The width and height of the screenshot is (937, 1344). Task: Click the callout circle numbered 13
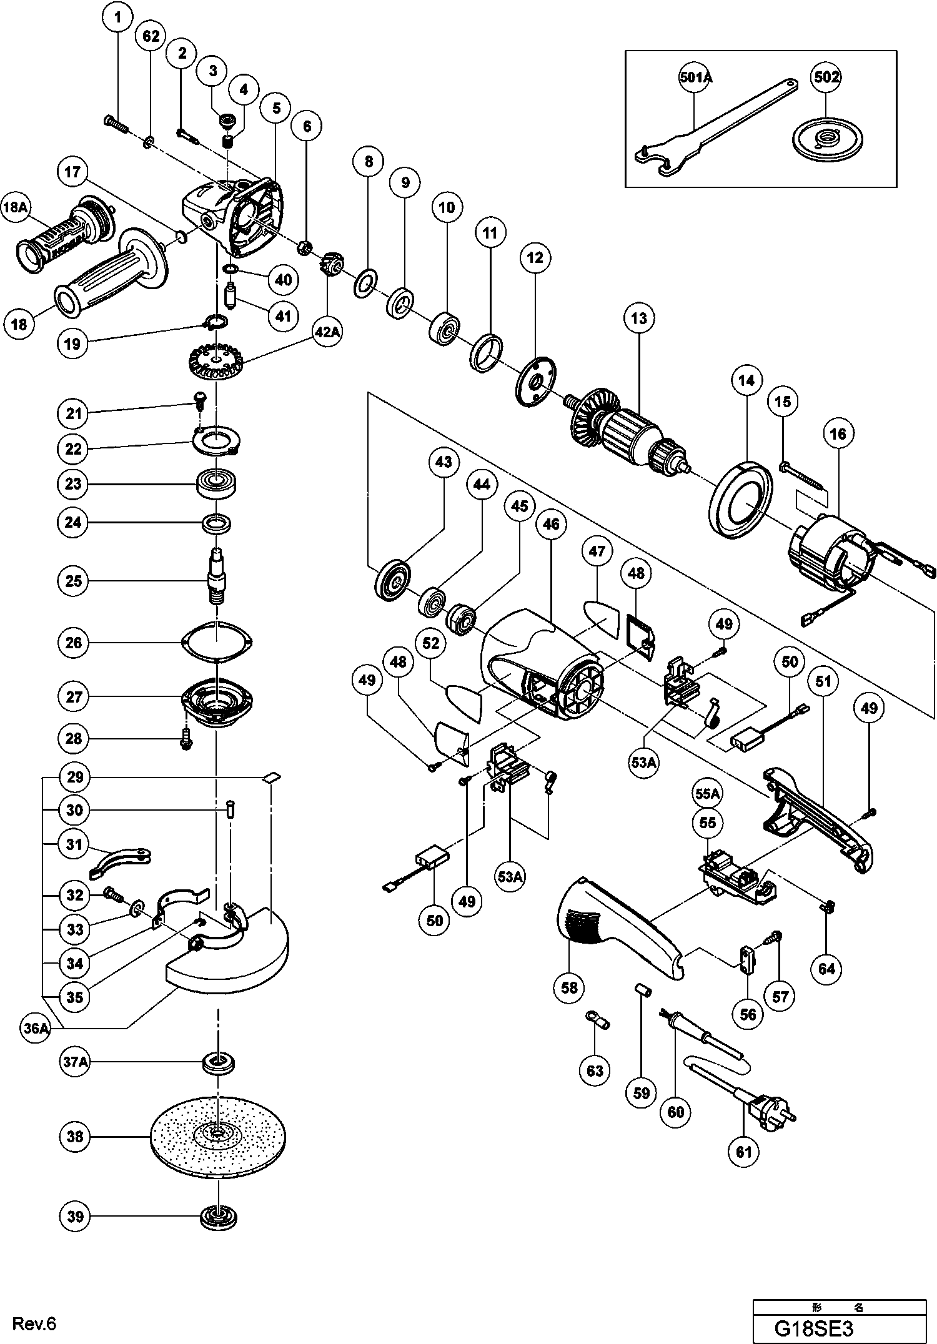[639, 319]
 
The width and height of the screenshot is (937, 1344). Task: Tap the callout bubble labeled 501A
[696, 77]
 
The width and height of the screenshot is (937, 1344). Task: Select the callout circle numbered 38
[74, 1136]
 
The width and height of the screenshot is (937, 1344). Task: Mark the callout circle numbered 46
[551, 524]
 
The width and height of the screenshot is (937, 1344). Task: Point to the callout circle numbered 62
[151, 37]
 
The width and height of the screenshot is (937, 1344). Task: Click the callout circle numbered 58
[569, 987]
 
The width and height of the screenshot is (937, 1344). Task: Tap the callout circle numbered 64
[826, 969]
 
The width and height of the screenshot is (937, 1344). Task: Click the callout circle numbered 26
[74, 643]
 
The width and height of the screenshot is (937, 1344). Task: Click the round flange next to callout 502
[823, 137]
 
